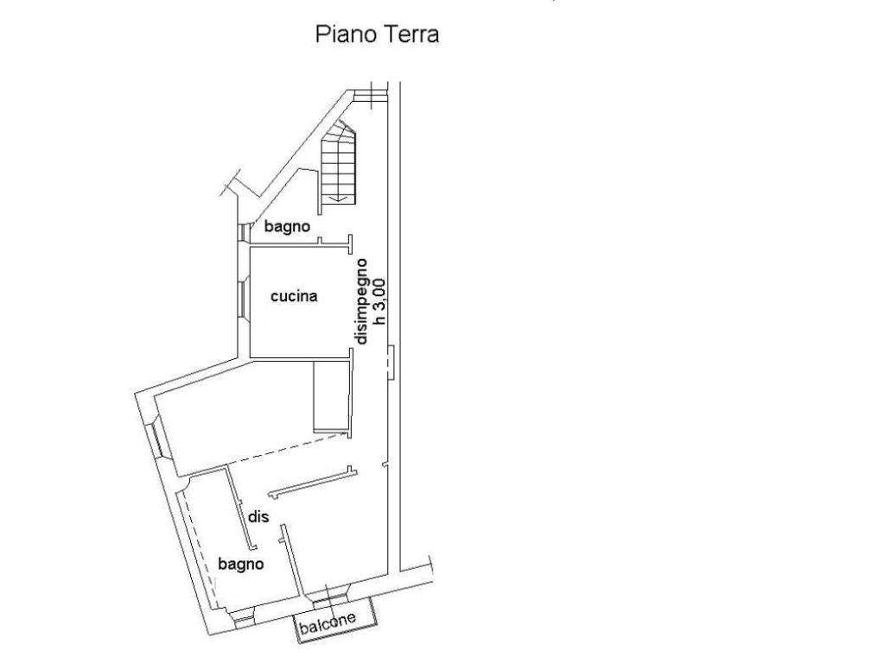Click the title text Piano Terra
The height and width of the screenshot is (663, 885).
coord(377,35)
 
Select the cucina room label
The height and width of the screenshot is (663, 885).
coord(294,296)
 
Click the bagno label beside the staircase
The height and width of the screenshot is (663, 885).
coord(287,227)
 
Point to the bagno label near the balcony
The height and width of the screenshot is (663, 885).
coord(241,564)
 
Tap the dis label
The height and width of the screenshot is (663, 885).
coord(258,516)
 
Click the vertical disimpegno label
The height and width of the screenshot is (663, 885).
coord(361,301)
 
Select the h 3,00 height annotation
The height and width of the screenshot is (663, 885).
coord(379,301)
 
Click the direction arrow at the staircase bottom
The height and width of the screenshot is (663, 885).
coord(338,198)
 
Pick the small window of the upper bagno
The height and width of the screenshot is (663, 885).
coord(242,231)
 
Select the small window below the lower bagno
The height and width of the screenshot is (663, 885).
coord(245,620)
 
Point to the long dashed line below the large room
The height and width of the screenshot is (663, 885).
coord(288,448)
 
